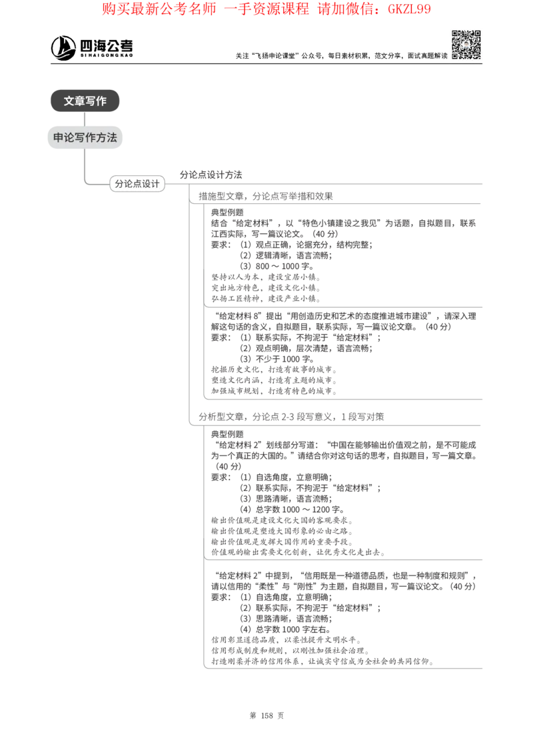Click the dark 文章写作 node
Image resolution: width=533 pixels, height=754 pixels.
coord(85,101)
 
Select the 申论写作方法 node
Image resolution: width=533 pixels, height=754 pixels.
coord(85,138)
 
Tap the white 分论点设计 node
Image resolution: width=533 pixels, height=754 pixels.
coord(137,184)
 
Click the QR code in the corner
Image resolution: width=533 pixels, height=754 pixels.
coord(466,45)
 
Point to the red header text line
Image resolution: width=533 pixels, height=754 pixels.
coord(266,9)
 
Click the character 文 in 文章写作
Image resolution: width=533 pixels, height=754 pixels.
coord(69,101)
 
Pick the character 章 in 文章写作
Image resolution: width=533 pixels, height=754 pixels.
coord(79,101)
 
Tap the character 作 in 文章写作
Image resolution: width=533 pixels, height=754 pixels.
coord(101,101)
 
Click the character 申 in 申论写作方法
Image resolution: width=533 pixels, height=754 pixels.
coord(58,138)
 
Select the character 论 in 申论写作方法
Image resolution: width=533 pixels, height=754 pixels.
coord(69,138)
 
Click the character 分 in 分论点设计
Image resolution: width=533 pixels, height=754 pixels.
coord(119,184)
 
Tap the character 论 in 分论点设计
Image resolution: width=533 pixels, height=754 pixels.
coord(128,184)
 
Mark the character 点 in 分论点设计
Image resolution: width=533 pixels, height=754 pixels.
coord(137,184)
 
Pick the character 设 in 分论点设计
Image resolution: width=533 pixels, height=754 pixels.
coord(147,184)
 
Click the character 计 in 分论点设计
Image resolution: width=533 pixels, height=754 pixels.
coord(156,184)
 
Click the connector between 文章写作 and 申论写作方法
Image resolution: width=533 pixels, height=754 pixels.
coord(85,119)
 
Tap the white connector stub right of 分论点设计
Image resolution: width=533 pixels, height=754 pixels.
coord(176,188)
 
